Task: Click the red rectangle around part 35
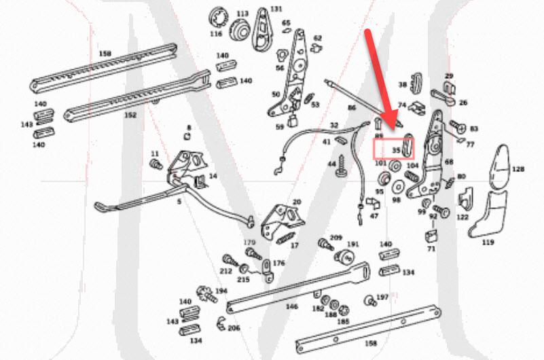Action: [394, 147]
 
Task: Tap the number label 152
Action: [130, 115]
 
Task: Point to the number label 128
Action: [518, 169]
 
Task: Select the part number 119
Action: [488, 242]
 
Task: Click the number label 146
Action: [291, 307]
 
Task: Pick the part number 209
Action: [336, 237]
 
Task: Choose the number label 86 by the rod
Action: [351, 108]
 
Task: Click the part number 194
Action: [221, 291]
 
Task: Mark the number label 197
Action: [382, 298]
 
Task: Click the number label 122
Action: [463, 217]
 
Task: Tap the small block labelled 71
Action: [430, 237]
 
